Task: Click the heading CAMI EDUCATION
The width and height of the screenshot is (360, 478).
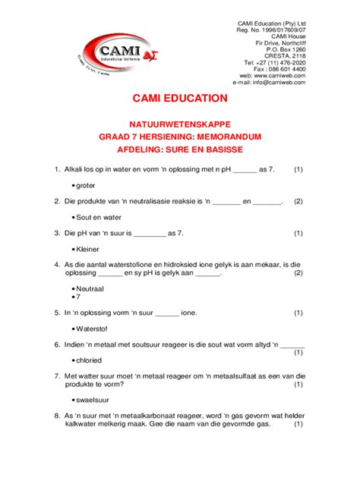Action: (180, 98)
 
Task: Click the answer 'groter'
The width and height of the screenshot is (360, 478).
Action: (85, 184)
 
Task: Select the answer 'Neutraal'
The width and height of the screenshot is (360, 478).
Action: (90, 289)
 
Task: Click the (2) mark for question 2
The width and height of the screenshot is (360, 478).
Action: (298, 201)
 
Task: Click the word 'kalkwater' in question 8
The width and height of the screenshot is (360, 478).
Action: (84, 425)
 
